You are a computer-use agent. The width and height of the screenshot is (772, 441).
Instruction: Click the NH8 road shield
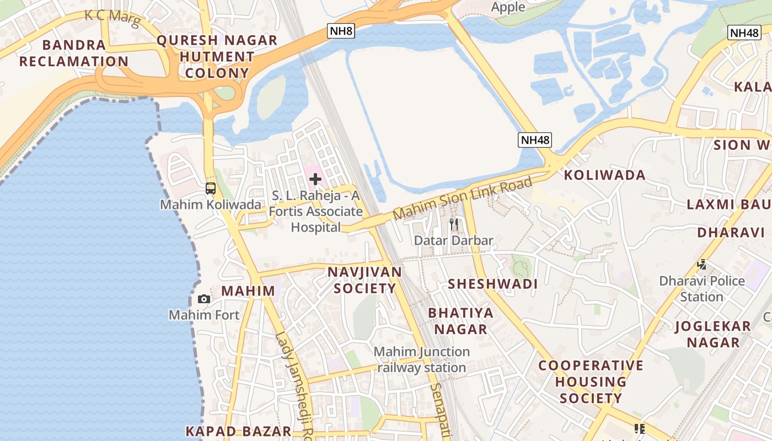coord(341,31)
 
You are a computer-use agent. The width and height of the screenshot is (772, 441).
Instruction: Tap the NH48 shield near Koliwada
coord(535,140)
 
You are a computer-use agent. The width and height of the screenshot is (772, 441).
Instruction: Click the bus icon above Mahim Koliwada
coord(210,189)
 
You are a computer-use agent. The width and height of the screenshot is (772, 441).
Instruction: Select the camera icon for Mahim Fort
coord(204,299)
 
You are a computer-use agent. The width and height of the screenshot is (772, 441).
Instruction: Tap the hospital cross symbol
coord(315,179)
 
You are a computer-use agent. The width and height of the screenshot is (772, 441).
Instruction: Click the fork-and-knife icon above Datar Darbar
coord(454,224)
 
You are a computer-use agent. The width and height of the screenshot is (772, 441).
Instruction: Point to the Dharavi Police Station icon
coord(701,265)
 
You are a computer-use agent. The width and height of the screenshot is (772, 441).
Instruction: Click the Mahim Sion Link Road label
coord(463,198)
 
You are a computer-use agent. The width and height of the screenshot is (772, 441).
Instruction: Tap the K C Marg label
coord(112,16)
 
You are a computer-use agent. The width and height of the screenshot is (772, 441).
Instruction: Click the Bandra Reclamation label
coord(74,53)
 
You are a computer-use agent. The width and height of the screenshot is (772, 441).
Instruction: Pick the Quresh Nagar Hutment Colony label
coord(217,57)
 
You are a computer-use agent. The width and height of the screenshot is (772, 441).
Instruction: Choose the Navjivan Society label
coord(364,280)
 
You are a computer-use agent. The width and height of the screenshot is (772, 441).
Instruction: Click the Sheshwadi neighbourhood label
coord(492,284)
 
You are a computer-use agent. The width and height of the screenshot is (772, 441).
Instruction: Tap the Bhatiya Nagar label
coord(460,321)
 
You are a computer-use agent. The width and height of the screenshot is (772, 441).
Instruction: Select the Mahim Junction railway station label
coord(422,359)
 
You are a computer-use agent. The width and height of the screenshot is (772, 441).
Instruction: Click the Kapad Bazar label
coord(238,431)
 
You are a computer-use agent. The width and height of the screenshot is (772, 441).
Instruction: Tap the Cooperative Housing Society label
coord(591,381)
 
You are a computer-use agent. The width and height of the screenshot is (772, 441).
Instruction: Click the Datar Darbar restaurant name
coord(453,240)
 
